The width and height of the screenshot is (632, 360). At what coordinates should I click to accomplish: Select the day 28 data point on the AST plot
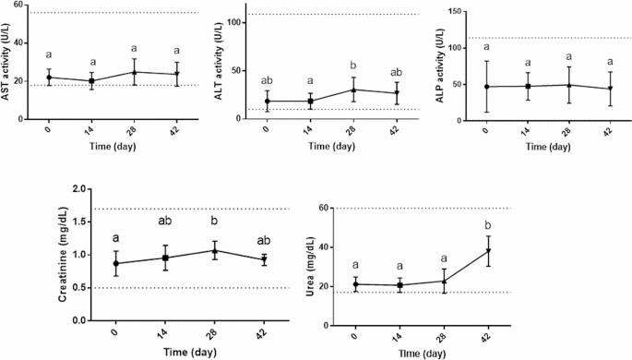[x=134, y=72]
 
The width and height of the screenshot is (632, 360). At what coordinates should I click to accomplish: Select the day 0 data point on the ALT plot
[x=268, y=102]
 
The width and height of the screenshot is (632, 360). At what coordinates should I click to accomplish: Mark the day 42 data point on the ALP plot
[x=608, y=89]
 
